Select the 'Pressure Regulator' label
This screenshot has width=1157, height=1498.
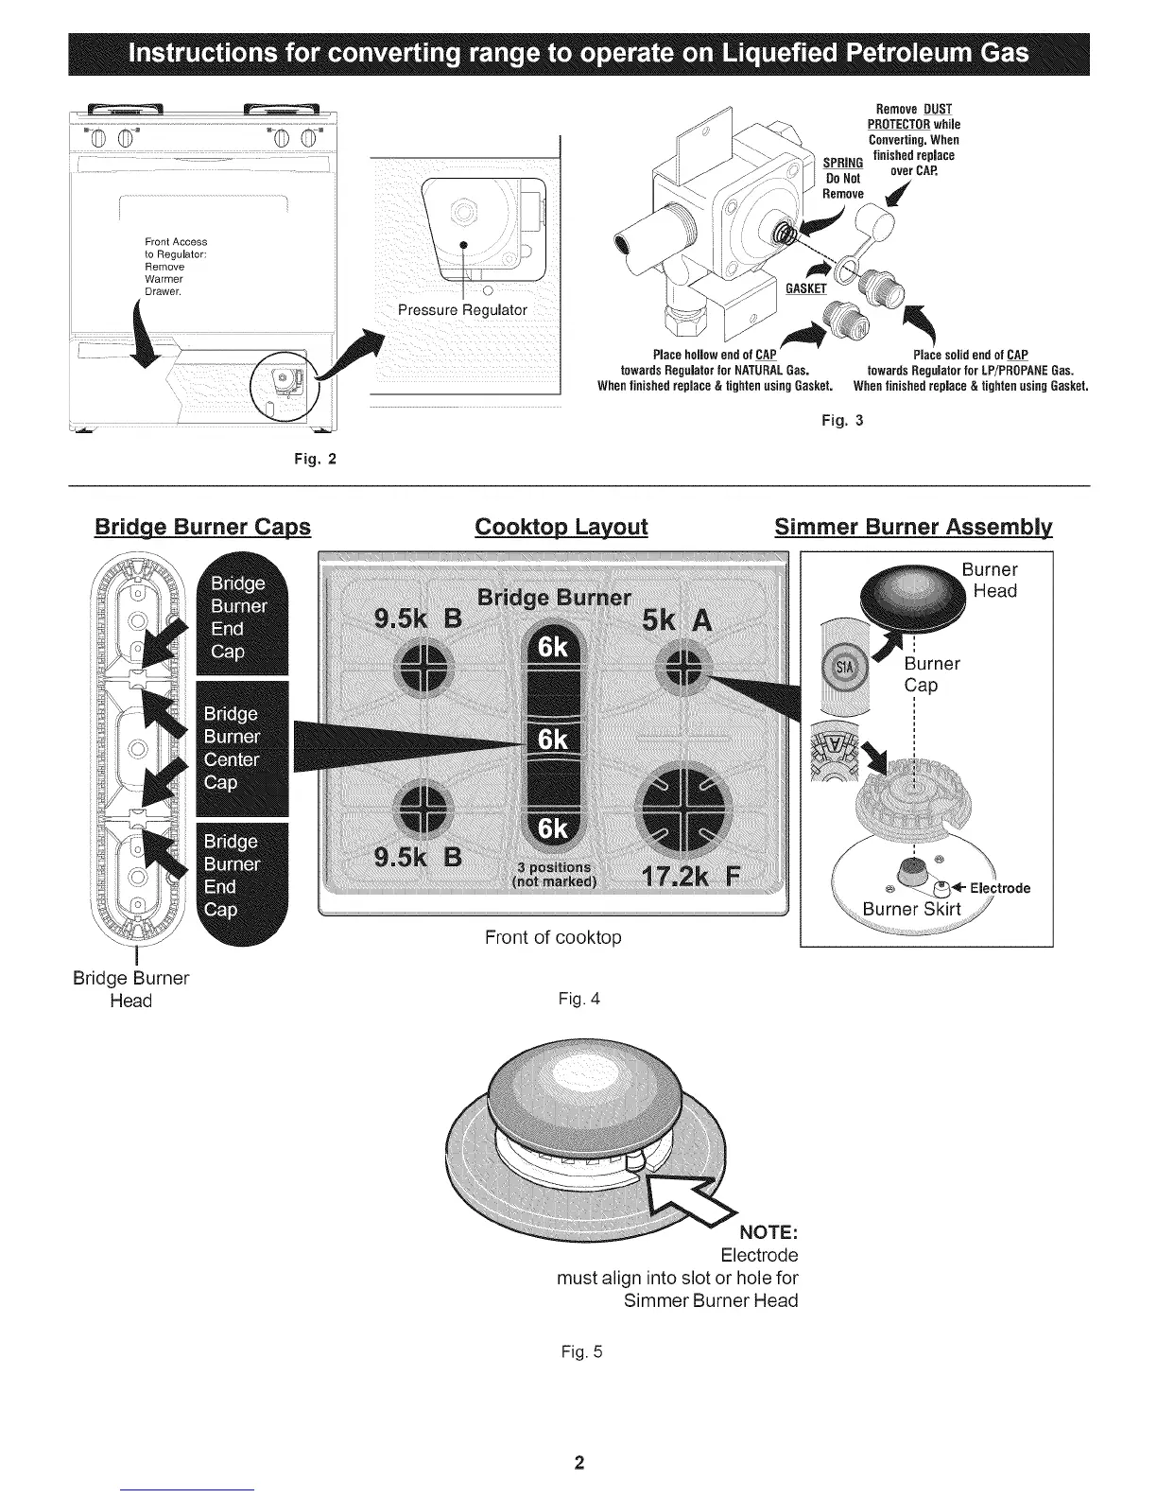[462, 309]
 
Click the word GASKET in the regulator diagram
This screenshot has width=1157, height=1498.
[805, 288]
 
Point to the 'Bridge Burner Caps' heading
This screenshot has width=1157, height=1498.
[202, 527]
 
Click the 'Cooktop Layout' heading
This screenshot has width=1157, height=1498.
[561, 527]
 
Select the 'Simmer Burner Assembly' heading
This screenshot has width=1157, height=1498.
[913, 527]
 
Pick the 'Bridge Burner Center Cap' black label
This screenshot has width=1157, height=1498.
[232, 747]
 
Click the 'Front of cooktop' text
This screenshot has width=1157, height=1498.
[553, 937]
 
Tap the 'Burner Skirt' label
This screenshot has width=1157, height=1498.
[911, 910]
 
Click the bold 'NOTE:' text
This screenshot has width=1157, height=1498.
[769, 1233]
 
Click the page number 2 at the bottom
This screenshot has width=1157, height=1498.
[579, 1464]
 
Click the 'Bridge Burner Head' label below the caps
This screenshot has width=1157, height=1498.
[130, 989]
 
